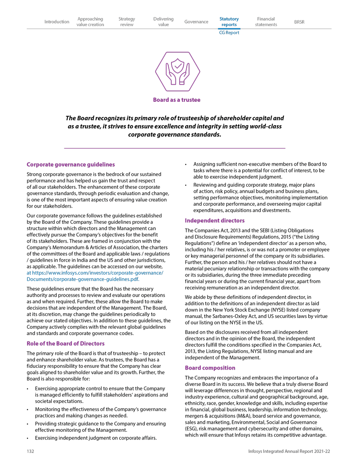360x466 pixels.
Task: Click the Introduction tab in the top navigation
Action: (57, 22)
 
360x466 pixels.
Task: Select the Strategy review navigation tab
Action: (126, 22)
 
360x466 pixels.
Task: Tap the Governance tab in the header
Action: (196, 22)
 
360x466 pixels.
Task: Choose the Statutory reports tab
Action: (229, 22)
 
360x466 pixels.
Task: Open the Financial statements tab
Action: (266, 22)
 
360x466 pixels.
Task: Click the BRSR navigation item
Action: (299, 22)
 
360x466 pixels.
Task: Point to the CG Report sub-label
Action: (229, 32)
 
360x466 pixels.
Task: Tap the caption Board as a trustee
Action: (177, 100)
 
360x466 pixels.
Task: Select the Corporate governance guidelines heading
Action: (71, 165)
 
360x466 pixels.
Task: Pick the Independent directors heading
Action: (215, 221)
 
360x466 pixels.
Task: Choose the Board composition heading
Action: (210, 368)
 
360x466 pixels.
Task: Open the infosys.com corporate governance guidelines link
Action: (94, 276)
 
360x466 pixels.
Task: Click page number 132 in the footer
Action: (30, 451)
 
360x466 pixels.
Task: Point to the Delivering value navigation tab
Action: (163, 22)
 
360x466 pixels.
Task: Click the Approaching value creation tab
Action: (90, 22)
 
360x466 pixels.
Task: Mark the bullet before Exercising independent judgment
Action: (28, 438)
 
